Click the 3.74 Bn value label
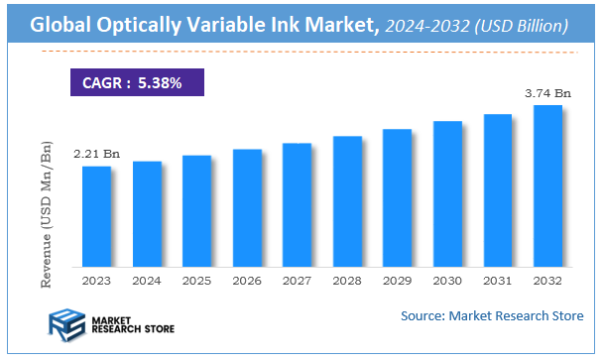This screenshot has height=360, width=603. tap(548, 93)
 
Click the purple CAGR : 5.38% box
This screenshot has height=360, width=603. tap(135, 82)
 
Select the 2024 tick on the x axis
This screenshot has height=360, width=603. tap(147, 281)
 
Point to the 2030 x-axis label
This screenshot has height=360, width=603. tap(447, 281)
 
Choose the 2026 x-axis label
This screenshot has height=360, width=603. tap(247, 281)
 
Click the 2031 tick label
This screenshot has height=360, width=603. tap(498, 281)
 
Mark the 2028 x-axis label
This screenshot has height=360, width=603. tap(347, 281)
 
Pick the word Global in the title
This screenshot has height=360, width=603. tap(59, 26)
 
